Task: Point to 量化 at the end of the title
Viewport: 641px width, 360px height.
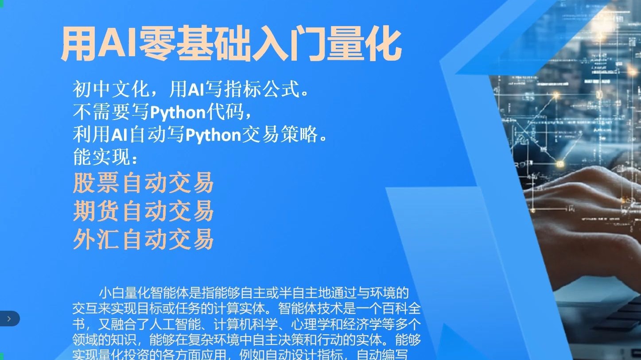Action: coord(363,45)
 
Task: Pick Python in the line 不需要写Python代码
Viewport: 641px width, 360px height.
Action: coord(178,113)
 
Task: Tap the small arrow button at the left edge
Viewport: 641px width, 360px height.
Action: coord(9,318)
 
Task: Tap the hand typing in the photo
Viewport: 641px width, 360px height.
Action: coord(585,208)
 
